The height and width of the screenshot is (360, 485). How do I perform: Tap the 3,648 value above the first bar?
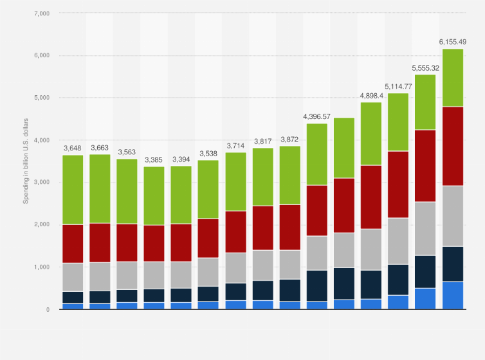pos(73,148)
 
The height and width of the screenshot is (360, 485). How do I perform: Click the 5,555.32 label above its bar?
pos(425,67)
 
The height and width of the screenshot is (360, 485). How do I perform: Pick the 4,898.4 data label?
pos(371,95)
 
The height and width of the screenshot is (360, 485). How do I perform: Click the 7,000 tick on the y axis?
pos(40,13)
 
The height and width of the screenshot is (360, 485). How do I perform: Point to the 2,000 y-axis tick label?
pos(40,224)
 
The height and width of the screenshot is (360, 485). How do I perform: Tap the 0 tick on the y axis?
pos(46,309)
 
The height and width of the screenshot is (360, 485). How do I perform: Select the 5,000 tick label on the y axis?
pos(40,98)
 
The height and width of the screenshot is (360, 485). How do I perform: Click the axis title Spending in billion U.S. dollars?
pos(26,161)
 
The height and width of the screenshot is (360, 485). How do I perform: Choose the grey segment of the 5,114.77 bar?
pos(398,241)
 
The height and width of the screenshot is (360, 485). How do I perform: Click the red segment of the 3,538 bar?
pos(208,238)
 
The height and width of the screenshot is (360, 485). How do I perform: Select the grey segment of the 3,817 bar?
pos(262,265)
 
